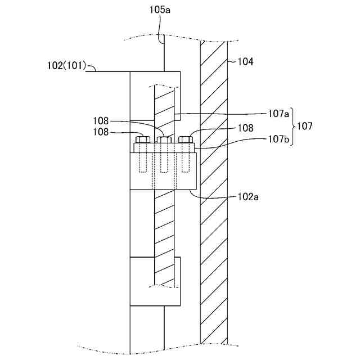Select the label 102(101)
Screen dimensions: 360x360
66,65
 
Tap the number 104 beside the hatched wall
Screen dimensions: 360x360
244,62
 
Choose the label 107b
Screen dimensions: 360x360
278,139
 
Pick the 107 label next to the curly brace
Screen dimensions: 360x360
305,126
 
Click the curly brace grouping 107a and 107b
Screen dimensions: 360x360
293,126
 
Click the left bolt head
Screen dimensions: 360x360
143,139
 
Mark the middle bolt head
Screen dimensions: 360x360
164,139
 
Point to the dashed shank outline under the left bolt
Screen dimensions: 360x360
143,161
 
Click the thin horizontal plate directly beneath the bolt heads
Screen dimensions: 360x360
164,147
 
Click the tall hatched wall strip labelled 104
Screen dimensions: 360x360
214,225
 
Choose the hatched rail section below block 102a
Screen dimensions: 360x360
164,236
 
